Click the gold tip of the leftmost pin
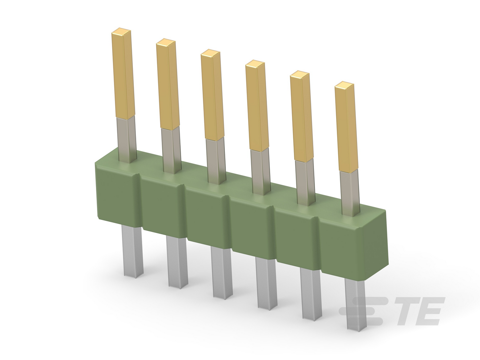coord(123,73)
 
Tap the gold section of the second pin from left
coord(168,84)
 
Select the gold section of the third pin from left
coord(212,95)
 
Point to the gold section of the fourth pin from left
coord(257,106)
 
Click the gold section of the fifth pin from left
coord(302,116)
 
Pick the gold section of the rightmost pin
coord(346,127)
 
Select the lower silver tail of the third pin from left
coord(222,273)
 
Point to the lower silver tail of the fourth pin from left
coord(266,284)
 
